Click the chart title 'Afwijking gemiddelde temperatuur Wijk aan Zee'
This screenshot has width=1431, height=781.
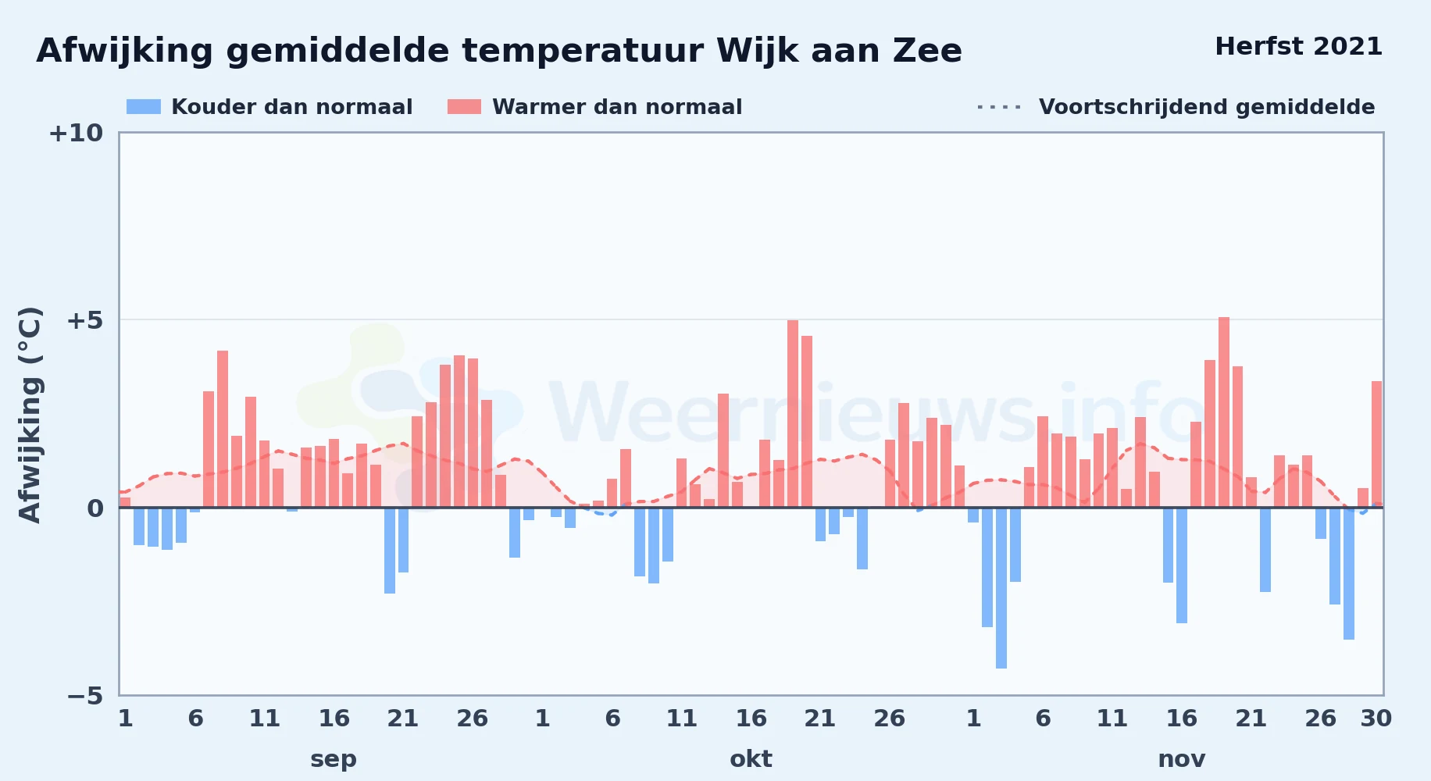pyautogui.click(x=499, y=51)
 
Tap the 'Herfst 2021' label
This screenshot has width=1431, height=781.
pyautogui.click(x=1298, y=46)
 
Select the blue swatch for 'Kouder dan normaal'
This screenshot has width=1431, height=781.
pyautogui.click(x=144, y=107)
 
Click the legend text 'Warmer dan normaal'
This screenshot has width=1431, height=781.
pyautogui.click(x=617, y=107)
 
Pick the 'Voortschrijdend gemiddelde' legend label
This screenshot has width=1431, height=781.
pyautogui.click(x=1207, y=107)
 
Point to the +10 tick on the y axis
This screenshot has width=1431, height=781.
pyautogui.click(x=76, y=133)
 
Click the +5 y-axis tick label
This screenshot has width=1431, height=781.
pyautogui.click(x=84, y=320)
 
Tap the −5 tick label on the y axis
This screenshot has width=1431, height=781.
pyautogui.click(x=84, y=695)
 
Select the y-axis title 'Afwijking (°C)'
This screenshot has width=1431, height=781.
pyautogui.click(x=30, y=414)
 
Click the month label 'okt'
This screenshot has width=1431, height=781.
pyautogui.click(x=751, y=759)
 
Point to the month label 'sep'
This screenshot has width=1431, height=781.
pyautogui.click(x=334, y=760)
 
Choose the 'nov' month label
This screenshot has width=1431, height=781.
pyautogui.click(x=1182, y=760)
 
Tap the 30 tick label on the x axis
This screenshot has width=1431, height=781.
pyautogui.click(x=1376, y=719)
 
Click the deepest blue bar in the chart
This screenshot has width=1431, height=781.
pyautogui.click(x=1001, y=588)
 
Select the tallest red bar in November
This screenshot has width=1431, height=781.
pyautogui.click(x=1224, y=412)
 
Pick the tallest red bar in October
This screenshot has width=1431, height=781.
pyautogui.click(x=793, y=414)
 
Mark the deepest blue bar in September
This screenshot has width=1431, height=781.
pyautogui.click(x=390, y=551)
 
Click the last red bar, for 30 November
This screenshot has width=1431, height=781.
pyautogui.click(x=1376, y=444)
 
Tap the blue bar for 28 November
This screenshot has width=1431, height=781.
pyautogui.click(x=1349, y=573)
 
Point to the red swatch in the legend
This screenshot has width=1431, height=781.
pyautogui.click(x=464, y=107)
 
